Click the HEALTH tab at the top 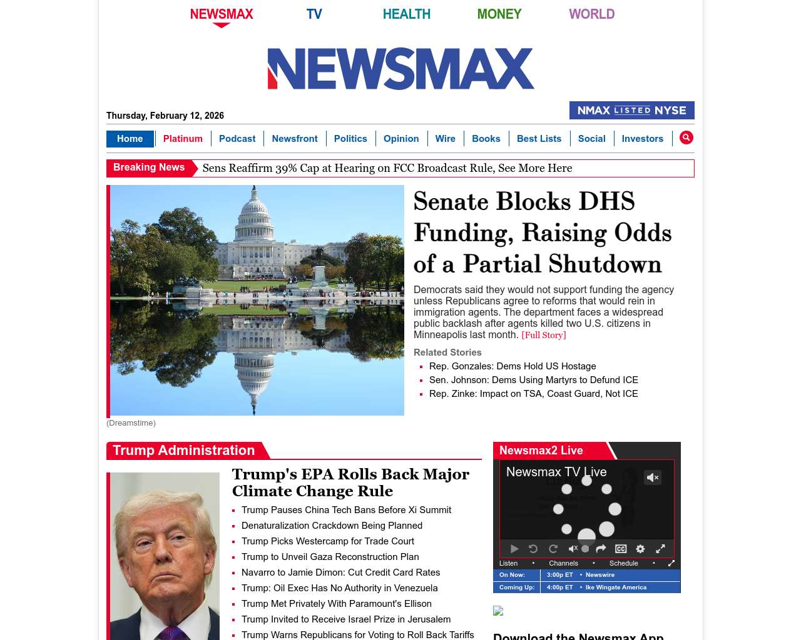406,14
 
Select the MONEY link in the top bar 499,14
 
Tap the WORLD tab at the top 591,14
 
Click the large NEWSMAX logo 400,69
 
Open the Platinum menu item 183,139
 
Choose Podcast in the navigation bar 237,139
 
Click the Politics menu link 350,139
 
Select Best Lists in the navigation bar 539,139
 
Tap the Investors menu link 642,139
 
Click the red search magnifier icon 686,137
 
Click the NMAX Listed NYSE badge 631,111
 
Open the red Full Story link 543,335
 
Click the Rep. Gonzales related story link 513,366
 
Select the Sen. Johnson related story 533,380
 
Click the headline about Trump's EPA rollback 350,482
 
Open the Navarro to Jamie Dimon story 340,572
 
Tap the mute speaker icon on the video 653,477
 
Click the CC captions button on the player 621,549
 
